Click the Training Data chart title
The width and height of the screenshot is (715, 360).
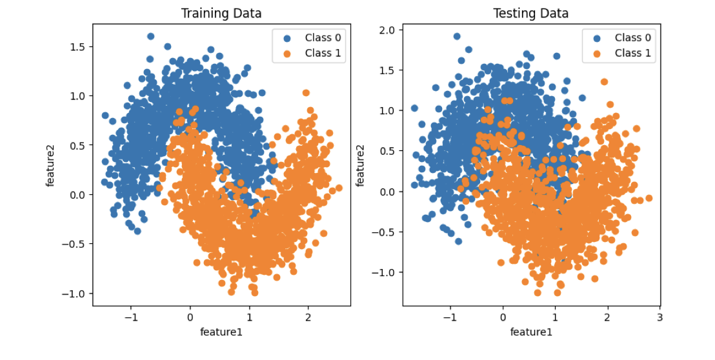[x=221, y=13]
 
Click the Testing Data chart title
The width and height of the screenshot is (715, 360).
[x=531, y=13]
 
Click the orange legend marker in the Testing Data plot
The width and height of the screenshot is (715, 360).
[x=597, y=53]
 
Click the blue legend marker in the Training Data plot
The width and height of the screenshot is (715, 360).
[x=287, y=38]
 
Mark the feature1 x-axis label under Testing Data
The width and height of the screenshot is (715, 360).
[x=531, y=332]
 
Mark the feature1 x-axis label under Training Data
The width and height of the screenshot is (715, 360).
[x=221, y=332]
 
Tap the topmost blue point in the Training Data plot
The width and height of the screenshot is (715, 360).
[x=150, y=37]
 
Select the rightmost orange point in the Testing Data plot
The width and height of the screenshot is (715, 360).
[x=649, y=198]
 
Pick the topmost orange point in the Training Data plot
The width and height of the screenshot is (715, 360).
[x=306, y=93]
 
